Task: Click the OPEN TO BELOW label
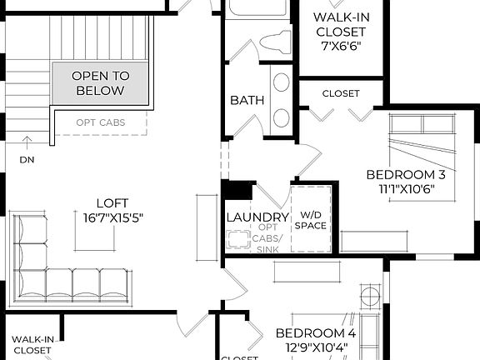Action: (99, 82)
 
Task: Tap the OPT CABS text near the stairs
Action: (101, 122)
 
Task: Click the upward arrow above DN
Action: (27, 142)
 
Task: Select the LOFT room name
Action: (113, 202)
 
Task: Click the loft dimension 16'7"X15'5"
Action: (113, 217)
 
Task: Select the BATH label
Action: (247, 100)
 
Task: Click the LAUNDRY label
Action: (257, 217)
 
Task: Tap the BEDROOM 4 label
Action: (316, 333)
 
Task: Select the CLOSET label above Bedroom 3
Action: (341, 93)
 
